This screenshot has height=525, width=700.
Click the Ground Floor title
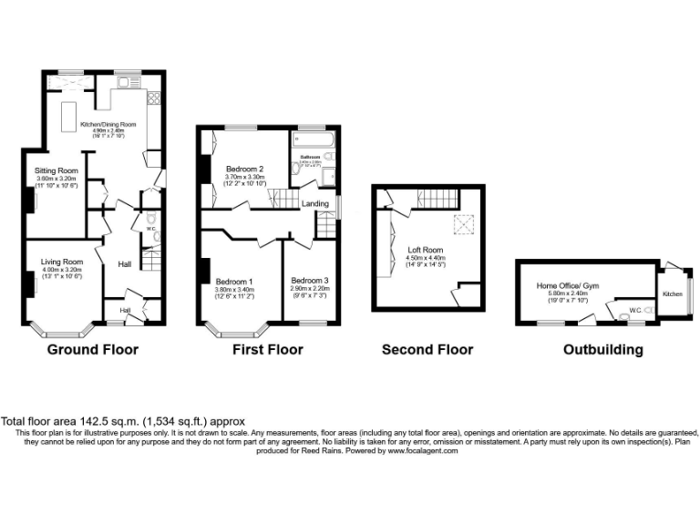[92, 349]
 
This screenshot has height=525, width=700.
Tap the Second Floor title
[427, 349]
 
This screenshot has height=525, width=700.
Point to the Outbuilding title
[602, 349]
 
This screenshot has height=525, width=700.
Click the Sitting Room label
[56, 170]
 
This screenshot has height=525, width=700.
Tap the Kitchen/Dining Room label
[108, 124]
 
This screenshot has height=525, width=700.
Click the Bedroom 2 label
[244, 169]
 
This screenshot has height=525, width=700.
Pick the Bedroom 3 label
[310, 280]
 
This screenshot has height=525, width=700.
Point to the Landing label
[315, 204]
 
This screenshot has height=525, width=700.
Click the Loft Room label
[426, 248]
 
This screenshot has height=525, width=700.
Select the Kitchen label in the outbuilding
[672, 293]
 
